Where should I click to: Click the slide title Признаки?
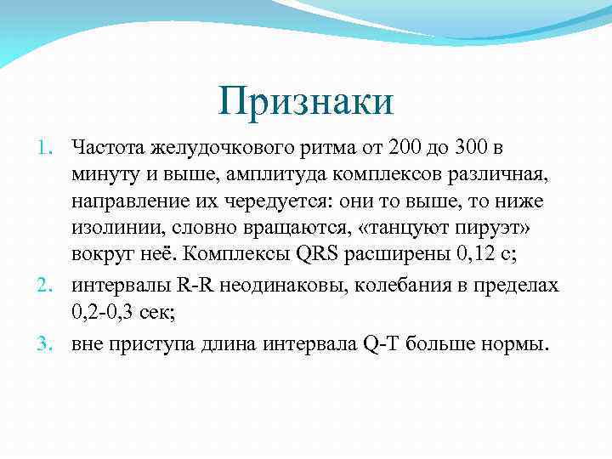point(305,102)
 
